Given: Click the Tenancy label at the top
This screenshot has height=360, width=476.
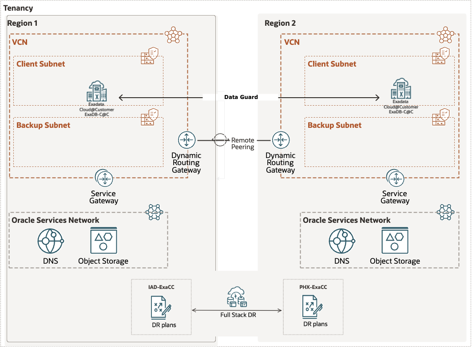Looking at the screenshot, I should [18, 8].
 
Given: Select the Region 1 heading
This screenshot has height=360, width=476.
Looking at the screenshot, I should [22, 23].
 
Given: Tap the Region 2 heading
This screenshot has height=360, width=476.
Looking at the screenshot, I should [280, 23].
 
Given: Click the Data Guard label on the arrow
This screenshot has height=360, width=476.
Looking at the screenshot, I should [241, 97].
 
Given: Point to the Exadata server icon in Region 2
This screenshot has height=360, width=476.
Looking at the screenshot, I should [401, 89].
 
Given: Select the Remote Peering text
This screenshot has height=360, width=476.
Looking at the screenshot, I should [242, 143].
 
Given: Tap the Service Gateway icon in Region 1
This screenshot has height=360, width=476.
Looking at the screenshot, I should [104, 178].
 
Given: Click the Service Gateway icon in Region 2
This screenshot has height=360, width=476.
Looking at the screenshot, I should [395, 178].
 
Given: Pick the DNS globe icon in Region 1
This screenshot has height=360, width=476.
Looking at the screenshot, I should [50, 241].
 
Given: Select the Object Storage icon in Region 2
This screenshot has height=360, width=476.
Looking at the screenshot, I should [395, 240].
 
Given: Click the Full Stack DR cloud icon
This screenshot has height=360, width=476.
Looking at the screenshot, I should [238, 297].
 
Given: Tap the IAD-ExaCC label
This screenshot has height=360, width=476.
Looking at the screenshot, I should [161, 287].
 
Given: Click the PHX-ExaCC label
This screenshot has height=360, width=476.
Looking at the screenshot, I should [313, 287].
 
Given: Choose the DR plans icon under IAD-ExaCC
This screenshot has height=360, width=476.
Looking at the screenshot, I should [161, 308].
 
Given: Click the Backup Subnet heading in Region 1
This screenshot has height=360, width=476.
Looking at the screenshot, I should [44, 125].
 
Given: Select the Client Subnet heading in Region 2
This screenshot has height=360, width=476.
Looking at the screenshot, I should [332, 64].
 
